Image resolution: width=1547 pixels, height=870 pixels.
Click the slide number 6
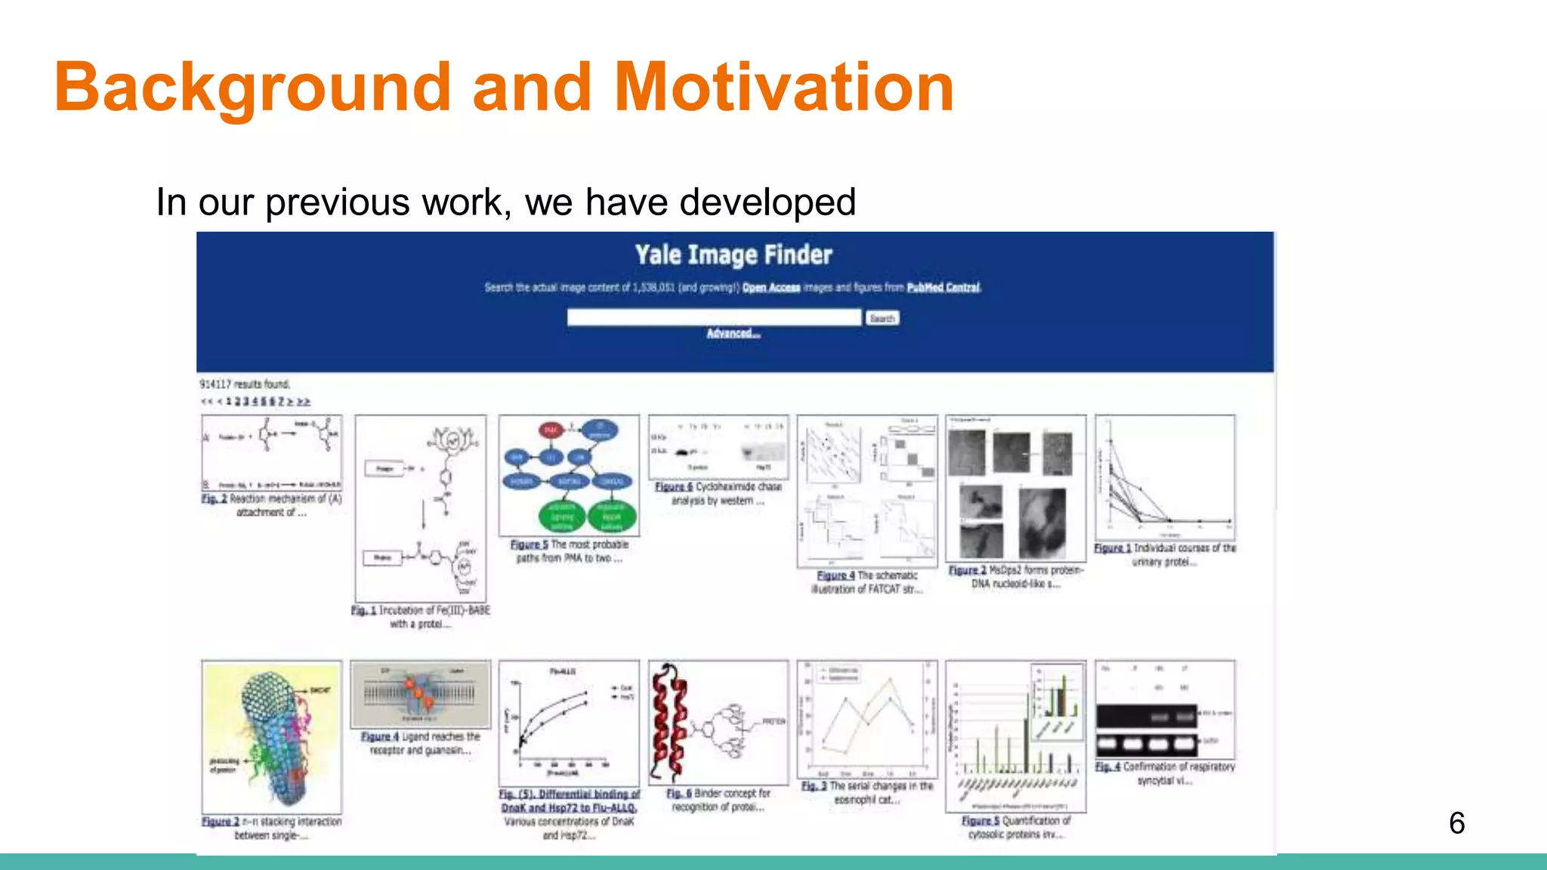1456,823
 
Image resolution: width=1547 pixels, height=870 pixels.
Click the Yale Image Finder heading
733,255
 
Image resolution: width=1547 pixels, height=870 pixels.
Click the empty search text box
714,318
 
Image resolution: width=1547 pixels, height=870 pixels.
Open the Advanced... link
733,334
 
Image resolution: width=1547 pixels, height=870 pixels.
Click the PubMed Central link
943,288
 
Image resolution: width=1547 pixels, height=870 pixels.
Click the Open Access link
770,288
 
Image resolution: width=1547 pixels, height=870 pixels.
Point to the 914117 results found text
245,384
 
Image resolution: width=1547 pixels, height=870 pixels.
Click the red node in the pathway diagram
551,430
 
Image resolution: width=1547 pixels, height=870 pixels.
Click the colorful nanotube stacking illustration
271,736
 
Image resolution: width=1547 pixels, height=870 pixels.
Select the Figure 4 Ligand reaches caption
380,736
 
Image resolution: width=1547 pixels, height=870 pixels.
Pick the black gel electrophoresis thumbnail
1146,729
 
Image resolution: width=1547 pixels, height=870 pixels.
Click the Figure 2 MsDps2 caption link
968,571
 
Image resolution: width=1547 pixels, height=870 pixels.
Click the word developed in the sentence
767,202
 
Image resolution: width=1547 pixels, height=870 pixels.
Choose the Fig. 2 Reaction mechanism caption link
215,499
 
